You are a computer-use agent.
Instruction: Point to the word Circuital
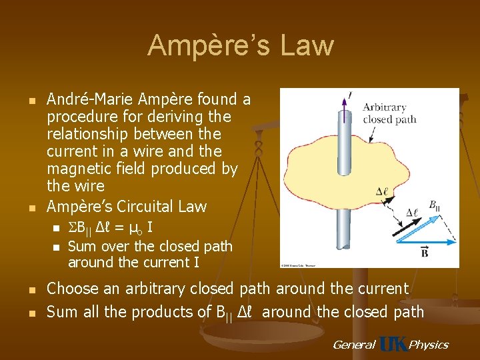click(x=146, y=206)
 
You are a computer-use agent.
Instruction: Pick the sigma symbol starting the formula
click(x=72, y=229)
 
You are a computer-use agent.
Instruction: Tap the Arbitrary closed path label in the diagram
click(x=389, y=113)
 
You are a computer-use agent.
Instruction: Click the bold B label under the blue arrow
click(x=425, y=251)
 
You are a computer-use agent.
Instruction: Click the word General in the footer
click(x=353, y=345)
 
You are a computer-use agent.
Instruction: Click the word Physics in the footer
click(x=428, y=345)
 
